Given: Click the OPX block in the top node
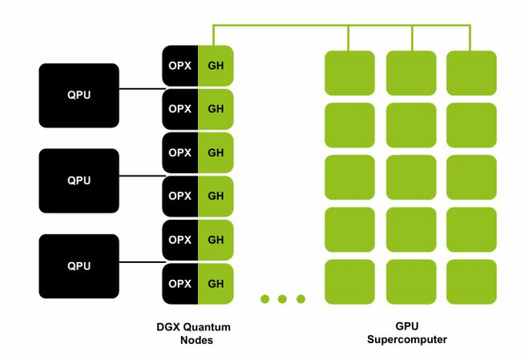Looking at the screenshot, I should (180, 65).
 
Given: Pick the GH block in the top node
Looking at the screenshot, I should (216, 65).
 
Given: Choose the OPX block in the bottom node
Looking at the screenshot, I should (180, 283).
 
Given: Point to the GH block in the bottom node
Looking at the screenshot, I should (216, 283).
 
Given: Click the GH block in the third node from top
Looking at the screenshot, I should (216, 152).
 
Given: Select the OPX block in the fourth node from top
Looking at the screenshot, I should (180, 196).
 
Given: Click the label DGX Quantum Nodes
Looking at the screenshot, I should (192, 334).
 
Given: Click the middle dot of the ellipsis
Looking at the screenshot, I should (282, 299).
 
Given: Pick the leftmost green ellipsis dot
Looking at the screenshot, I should (264, 299).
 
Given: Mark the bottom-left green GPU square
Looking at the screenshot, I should (349, 281).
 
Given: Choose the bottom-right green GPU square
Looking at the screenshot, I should (470, 281).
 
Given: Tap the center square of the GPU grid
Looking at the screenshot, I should (411, 177).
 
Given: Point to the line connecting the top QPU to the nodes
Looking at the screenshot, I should (140, 88).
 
